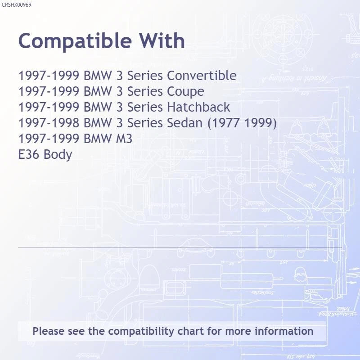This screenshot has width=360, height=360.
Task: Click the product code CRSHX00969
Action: click(16, 5)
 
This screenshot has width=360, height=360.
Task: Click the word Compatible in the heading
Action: click(75, 41)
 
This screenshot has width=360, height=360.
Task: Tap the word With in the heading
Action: click(162, 40)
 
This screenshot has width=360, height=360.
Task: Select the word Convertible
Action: click(202, 76)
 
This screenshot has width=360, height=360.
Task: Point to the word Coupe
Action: click(185, 92)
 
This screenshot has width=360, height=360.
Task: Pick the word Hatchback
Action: click(198, 107)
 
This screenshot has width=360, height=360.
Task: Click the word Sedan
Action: click(184, 122)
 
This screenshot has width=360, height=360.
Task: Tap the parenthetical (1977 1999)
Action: click(242, 123)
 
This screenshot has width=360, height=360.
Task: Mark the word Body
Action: click(58, 155)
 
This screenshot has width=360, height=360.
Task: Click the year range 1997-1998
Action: click(49, 123)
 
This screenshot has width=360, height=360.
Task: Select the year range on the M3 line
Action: click(49, 139)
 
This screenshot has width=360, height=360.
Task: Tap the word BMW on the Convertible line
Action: click(98, 76)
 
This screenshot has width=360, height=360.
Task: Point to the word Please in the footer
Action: click(49, 331)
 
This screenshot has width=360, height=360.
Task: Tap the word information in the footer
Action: click(284, 331)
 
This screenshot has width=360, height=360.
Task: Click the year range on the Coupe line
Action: click(49, 91)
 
